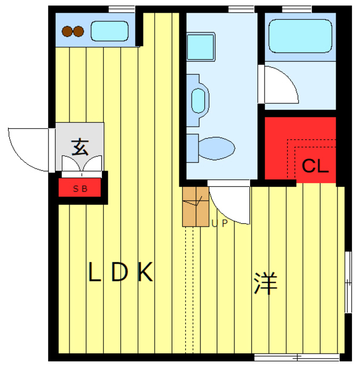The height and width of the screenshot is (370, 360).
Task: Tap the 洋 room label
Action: (266, 283)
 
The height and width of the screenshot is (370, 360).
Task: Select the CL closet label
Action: (315, 166)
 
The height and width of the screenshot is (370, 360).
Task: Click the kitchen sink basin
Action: (109, 31)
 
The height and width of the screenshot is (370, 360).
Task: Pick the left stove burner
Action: (67, 32)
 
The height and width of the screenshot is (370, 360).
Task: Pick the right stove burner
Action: (78, 32)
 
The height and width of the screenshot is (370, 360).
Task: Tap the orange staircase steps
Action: (195, 206)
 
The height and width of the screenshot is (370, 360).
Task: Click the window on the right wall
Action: (348, 283)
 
